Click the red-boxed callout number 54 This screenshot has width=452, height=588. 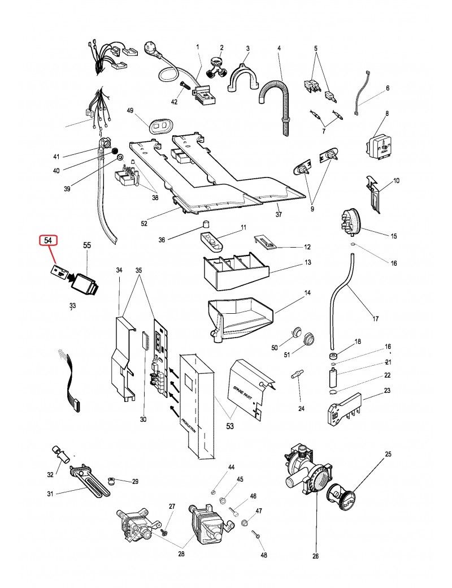pos(48,240)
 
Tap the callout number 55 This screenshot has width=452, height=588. pos(87,245)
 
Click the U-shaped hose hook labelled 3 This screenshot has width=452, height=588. pos(243,77)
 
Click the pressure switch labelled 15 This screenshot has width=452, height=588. pos(350,223)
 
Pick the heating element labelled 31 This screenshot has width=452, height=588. pos(89,480)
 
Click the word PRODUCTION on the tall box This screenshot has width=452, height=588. pos(188,426)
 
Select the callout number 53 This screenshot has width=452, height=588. pos(229,426)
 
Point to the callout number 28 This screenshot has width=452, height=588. pos(181,554)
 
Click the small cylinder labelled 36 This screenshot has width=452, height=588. pos(206,224)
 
